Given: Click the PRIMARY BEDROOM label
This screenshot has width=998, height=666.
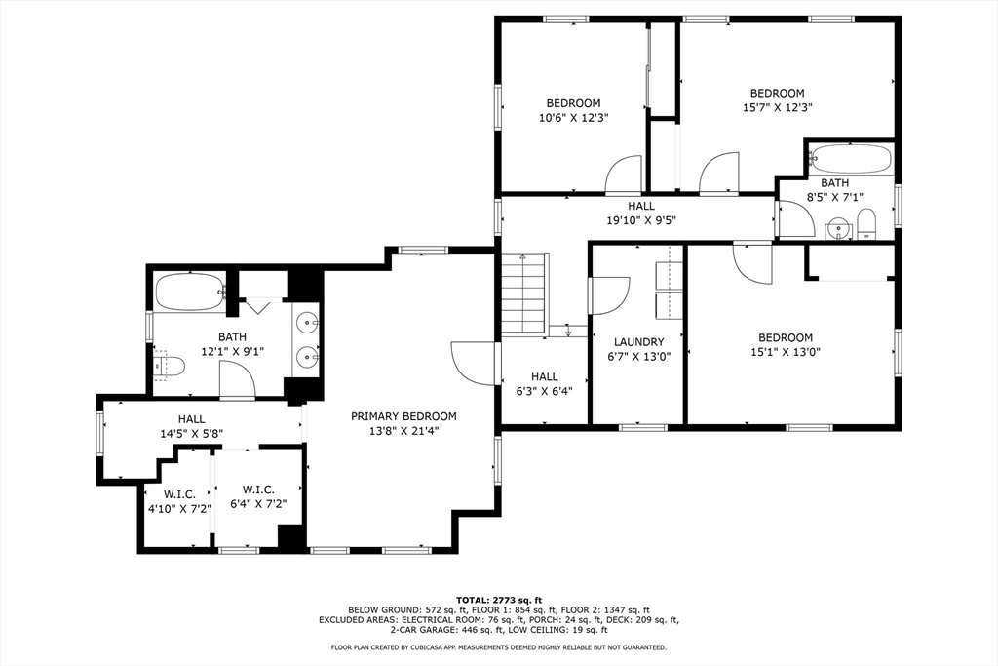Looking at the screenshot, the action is pyautogui.click(x=403, y=416).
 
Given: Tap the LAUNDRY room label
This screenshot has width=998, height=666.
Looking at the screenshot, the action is pyautogui.click(x=639, y=342).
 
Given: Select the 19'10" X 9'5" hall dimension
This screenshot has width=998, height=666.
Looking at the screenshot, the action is pyautogui.click(x=641, y=221).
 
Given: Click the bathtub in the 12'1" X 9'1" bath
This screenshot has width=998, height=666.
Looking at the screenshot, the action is pyautogui.click(x=189, y=292).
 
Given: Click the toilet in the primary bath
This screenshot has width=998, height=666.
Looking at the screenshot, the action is pyautogui.click(x=170, y=366).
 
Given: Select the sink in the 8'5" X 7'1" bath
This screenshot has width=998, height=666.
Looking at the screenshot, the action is pyautogui.click(x=839, y=228).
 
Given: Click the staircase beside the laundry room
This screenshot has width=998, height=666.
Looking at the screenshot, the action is pyautogui.click(x=523, y=294).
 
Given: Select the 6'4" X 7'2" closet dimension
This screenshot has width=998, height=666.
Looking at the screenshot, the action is pyautogui.click(x=258, y=503).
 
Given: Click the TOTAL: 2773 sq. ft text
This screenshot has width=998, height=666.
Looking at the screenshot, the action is pyautogui.click(x=499, y=600).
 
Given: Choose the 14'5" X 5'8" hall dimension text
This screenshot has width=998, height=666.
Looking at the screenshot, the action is pyautogui.click(x=192, y=434).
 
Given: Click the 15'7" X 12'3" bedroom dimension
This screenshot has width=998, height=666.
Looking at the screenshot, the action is pyautogui.click(x=777, y=107).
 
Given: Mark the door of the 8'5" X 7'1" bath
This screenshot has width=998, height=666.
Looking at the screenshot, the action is pyautogui.click(x=795, y=219).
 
